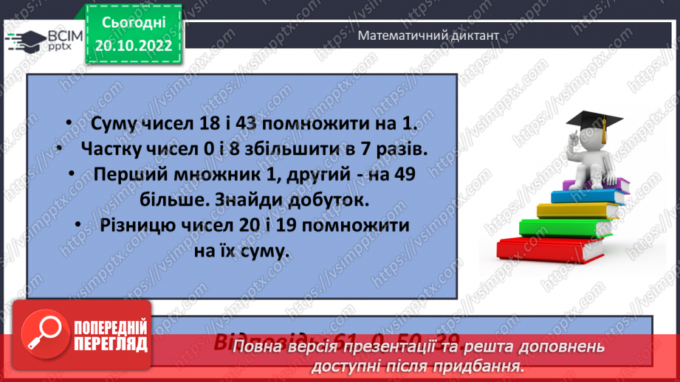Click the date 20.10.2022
pos(134,45)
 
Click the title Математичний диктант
pos(427,35)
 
